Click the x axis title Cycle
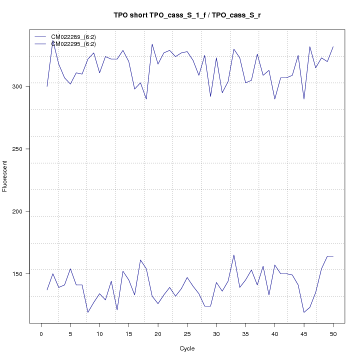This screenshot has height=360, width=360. [187, 348]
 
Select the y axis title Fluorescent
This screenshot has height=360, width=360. [5, 176]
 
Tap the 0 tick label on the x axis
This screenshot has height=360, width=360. [41, 333]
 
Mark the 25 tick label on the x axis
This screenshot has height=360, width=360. [187, 333]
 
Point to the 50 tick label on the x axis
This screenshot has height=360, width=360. [333, 333]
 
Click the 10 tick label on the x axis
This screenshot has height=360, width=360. [99, 333]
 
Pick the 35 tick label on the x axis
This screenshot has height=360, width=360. [245, 333]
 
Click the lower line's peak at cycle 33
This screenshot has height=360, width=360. [234, 255]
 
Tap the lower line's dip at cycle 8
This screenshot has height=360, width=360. [88, 312]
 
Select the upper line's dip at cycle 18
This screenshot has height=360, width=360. [146, 99]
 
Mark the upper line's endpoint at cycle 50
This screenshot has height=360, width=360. [333, 46]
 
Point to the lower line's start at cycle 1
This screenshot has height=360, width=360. [47, 290]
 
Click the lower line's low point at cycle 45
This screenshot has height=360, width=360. [304, 312]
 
